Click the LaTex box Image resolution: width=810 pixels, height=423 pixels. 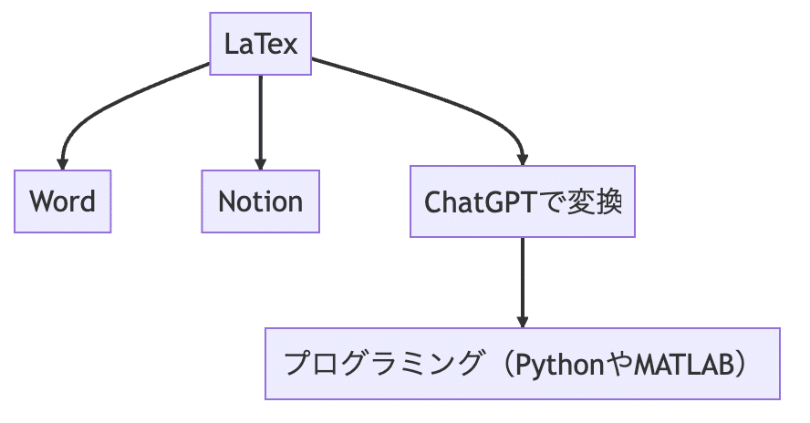pos(261,44)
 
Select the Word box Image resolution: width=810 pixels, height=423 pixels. pos(62,201)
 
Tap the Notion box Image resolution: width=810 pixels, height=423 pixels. pos(260,201)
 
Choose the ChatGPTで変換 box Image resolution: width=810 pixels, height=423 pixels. pos(523,201)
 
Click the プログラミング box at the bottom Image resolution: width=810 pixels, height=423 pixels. pos(523,364)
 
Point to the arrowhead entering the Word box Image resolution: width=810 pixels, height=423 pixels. pos(63,162)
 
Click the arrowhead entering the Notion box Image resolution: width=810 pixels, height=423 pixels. pos(261,162)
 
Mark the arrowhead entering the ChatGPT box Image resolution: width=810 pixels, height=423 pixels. pos(523,158)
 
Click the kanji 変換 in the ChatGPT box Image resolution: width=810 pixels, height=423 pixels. pos(601,201)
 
